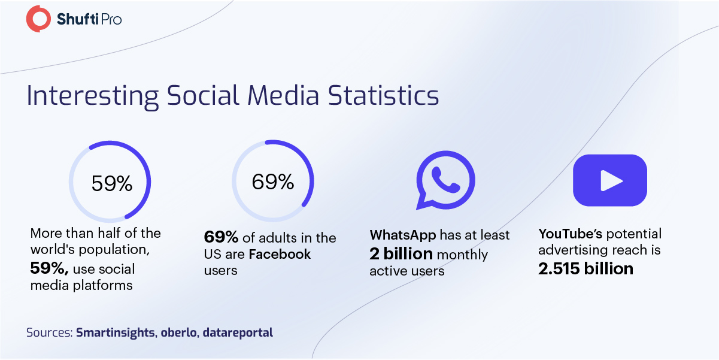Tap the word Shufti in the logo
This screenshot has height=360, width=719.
point(77,19)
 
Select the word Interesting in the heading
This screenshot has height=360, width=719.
point(92,96)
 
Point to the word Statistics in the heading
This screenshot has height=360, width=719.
point(383,95)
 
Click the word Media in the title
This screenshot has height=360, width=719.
point(283,95)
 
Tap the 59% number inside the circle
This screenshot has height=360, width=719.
point(112,183)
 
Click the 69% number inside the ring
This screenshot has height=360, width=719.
point(273,181)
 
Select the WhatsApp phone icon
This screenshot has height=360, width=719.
point(445,180)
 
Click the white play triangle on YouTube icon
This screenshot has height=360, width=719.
point(611,181)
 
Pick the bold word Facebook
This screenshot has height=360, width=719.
point(280,255)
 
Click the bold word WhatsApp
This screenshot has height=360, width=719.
point(403,235)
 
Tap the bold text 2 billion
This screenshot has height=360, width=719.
point(401,254)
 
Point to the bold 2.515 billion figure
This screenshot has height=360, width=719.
point(585,269)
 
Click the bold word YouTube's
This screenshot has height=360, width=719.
point(571,234)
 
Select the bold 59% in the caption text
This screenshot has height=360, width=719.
point(49,268)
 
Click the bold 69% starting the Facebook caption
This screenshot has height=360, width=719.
point(221,237)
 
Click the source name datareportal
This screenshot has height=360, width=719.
point(238,333)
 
